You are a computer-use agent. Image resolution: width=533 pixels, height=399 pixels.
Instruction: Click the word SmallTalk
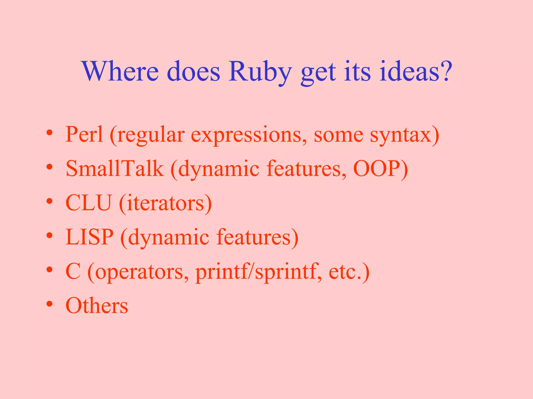[x=115, y=169]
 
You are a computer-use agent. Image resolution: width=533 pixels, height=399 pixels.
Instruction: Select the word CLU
[x=88, y=203]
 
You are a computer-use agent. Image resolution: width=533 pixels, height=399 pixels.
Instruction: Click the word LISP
[x=90, y=237]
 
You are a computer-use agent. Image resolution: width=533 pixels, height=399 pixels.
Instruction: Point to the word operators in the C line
[x=139, y=272]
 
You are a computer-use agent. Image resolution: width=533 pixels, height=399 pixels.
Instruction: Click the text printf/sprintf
[x=257, y=272]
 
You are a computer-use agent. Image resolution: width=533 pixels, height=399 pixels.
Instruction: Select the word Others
[x=97, y=306]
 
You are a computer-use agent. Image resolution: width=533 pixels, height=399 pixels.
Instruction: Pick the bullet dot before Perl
[x=50, y=133]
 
